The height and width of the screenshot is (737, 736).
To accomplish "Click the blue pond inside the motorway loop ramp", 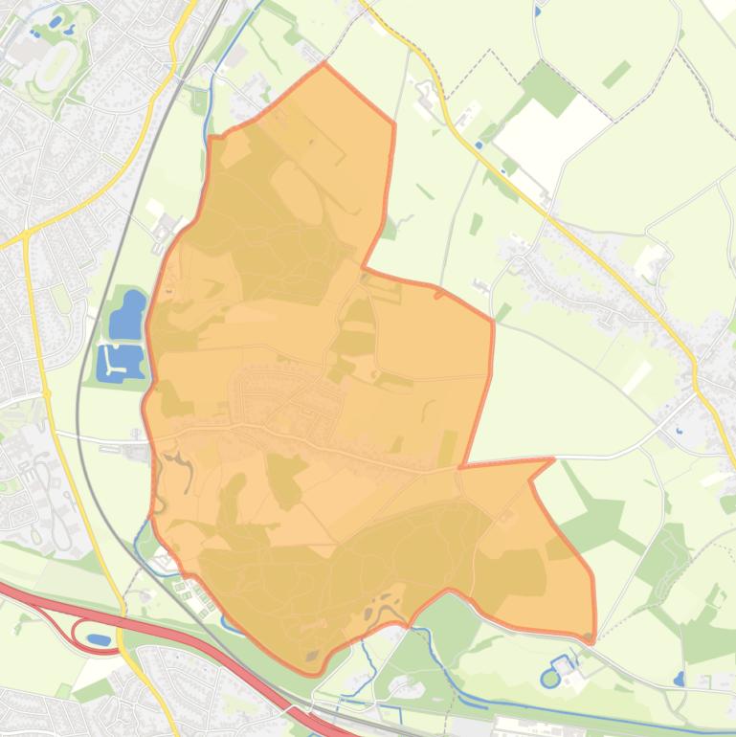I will pos(98,638).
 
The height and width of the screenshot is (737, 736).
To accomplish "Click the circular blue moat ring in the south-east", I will pos(549,679).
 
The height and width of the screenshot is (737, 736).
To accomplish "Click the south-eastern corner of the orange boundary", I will pos(592,636).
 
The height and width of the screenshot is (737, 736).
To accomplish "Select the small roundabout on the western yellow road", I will pos(47,393).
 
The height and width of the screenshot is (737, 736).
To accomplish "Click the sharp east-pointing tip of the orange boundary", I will pos(552,460).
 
